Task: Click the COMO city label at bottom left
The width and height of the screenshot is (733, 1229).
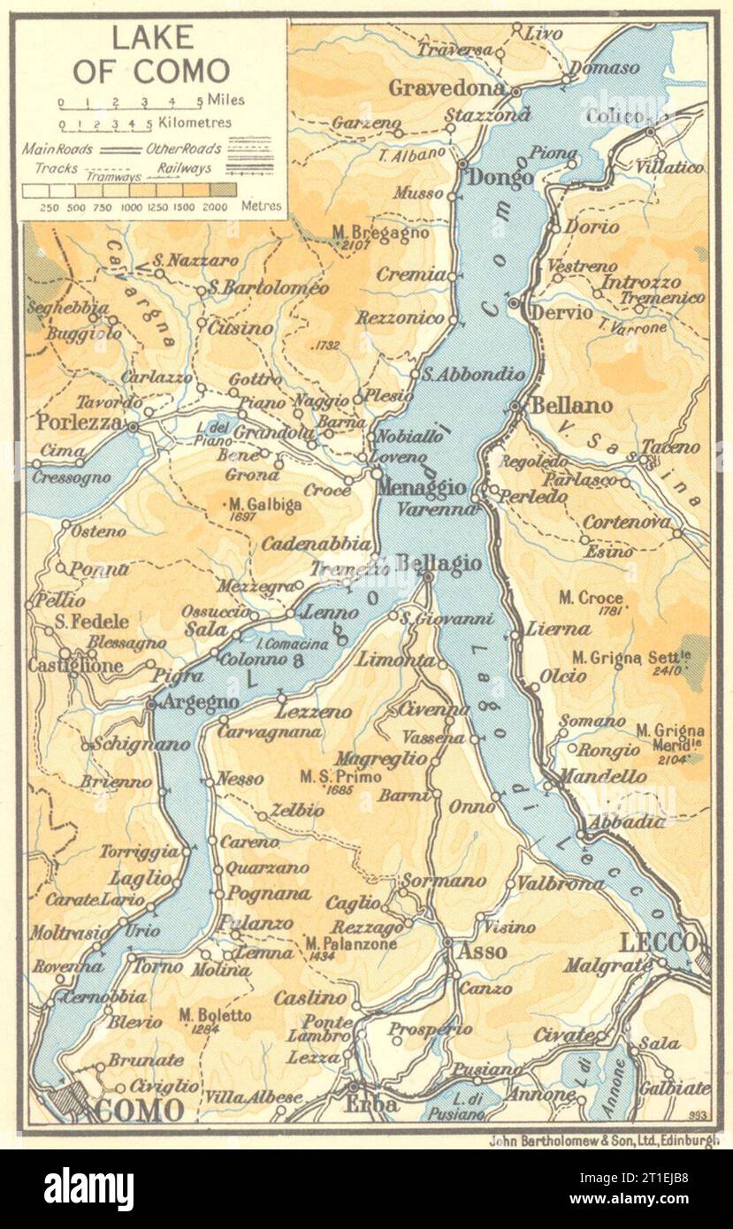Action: pos(138,1110)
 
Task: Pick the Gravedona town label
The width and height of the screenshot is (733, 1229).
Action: pos(447,88)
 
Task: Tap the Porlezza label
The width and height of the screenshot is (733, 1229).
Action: pos(79,423)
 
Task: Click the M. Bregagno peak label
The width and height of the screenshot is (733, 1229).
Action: pos(380,233)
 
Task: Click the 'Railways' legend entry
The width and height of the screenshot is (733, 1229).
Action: pos(187,167)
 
